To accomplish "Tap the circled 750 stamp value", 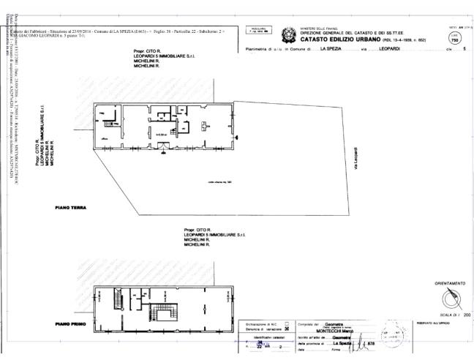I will point(454,40).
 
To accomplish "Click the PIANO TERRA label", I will point(71,208).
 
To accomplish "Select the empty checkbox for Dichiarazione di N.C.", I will point(286,323).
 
